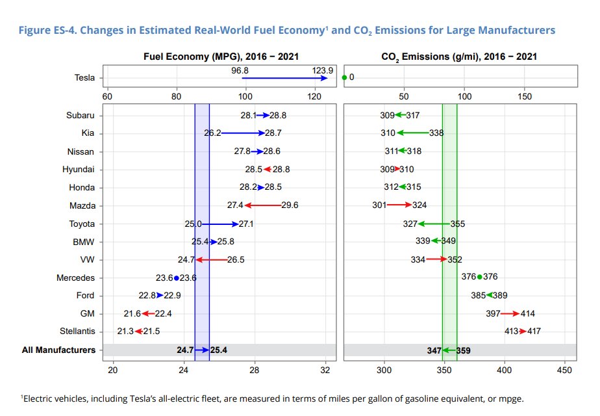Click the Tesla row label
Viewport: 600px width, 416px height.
pyautogui.click(x=84, y=78)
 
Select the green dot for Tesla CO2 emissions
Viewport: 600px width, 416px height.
pyautogui.click(x=344, y=77)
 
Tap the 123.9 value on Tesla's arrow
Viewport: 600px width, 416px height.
pyautogui.click(x=322, y=70)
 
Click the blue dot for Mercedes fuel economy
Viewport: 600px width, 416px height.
pyautogui.click(x=177, y=278)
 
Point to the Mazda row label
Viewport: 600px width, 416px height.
pyautogui.click(x=83, y=205)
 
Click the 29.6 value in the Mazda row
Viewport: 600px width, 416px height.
pyautogui.click(x=290, y=205)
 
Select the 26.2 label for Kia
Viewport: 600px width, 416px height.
pyautogui.click(x=213, y=133)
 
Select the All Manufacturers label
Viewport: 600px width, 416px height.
pyautogui.click(x=58, y=350)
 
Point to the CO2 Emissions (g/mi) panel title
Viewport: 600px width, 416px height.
pyautogui.click(x=458, y=57)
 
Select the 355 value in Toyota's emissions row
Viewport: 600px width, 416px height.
pyautogui.click(x=458, y=224)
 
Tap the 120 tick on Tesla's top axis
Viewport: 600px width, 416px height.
pyautogui.click(x=314, y=97)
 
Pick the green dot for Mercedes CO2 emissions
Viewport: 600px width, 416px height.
pyautogui.click(x=480, y=277)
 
